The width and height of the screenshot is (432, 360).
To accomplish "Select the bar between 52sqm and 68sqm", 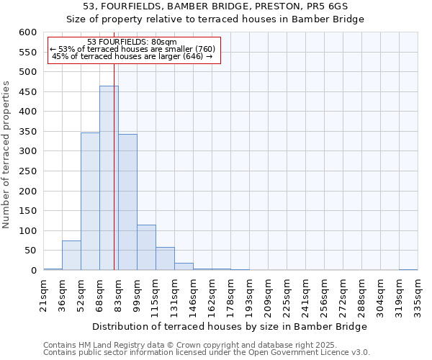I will tap(90, 202).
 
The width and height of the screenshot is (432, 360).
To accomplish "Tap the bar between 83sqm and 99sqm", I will tap(127, 202).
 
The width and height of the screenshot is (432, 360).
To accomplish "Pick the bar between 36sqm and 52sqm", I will tap(71, 256).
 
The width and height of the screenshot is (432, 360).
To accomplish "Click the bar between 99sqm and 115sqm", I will tap(146, 248).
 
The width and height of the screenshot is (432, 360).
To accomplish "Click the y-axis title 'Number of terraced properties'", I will tap(6, 154).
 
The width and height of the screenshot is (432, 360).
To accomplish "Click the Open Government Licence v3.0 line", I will tap(206, 352).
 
